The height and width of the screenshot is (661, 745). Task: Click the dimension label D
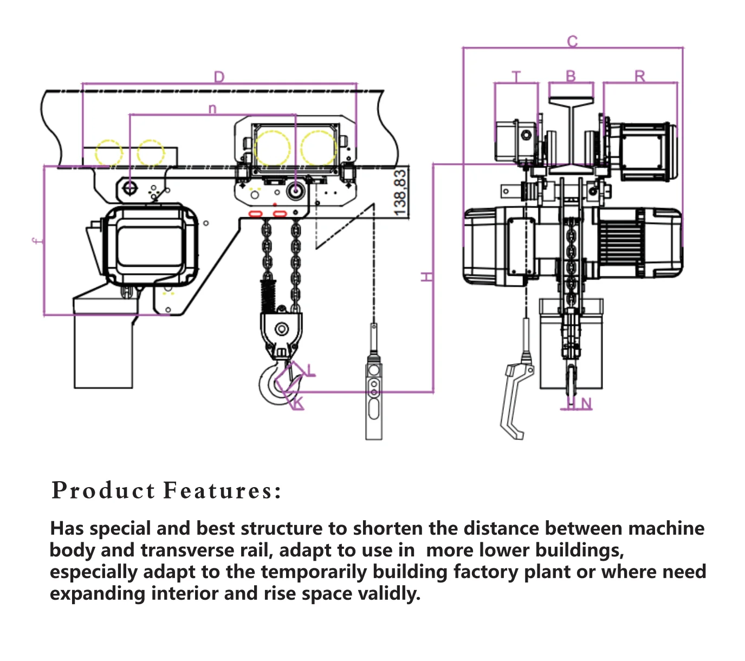click(x=219, y=77)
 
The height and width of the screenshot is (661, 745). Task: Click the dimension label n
click(x=212, y=108)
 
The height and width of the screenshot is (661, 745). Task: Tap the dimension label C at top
click(x=573, y=41)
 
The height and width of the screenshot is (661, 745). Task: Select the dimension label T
click(x=516, y=76)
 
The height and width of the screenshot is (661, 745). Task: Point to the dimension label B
click(x=571, y=76)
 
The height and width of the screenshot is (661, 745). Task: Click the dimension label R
click(x=640, y=76)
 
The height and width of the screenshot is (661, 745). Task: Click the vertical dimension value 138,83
click(x=400, y=192)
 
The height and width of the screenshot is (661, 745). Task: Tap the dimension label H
click(x=427, y=277)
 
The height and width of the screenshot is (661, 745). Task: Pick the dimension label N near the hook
click(x=586, y=403)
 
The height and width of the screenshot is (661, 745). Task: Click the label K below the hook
click(x=299, y=404)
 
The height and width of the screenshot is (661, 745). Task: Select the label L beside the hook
click(x=310, y=370)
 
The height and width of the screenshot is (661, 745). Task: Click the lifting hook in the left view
click(x=274, y=383)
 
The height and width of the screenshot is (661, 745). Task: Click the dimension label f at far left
click(x=36, y=241)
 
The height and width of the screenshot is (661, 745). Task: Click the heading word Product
click(x=103, y=490)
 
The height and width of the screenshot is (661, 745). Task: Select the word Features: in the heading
click(x=223, y=490)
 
